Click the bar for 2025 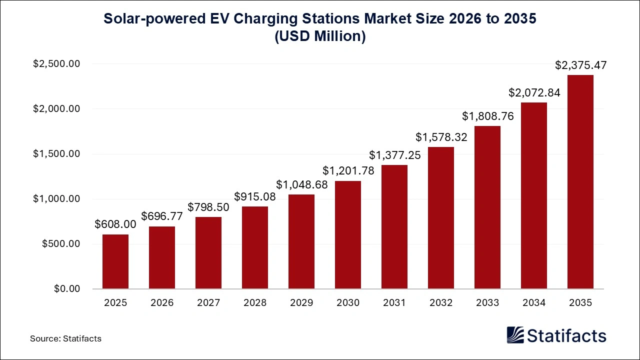pyautogui.click(x=115, y=261)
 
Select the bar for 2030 pyautogui.click(x=348, y=235)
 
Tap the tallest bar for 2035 pyautogui.click(x=580, y=182)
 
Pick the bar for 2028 pyautogui.click(x=255, y=247)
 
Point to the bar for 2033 pyautogui.click(x=487, y=207)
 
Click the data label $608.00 pyautogui.click(x=115, y=224)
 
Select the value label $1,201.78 pyautogui.click(x=348, y=170)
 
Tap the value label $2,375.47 pyautogui.click(x=580, y=65)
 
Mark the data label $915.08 pyautogui.click(x=255, y=196)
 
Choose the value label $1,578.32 pyautogui.click(x=441, y=137)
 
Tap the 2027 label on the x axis pyautogui.click(x=208, y=303)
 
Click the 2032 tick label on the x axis pyautogui.click(x=441, y=303)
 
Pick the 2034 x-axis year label pyautogui.click(x=534, y=303)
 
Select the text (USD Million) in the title pyautogui.click(x=320, y=36)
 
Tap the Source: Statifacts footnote pyautogui.click(x=65, y=338)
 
